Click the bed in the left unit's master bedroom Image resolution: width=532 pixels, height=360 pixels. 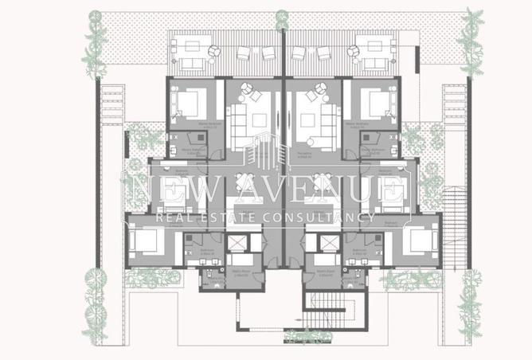pyautogui.click(x=191, y=101)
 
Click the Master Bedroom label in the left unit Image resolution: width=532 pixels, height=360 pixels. pyautogui.click(x=187, y=123)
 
